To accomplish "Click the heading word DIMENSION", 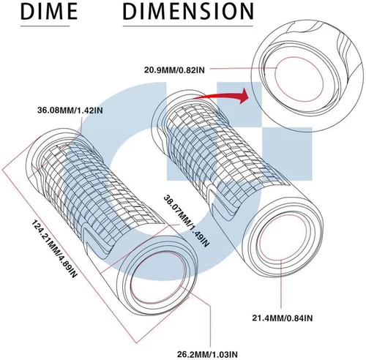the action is (188, 12).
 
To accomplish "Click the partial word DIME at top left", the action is (49, 12).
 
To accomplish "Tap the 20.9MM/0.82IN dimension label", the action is (174, 70).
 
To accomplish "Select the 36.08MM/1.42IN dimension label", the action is (70, 110).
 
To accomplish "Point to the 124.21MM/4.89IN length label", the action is (54, 249).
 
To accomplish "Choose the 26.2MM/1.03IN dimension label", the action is (207, 354).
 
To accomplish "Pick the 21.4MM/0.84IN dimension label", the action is (283, 318).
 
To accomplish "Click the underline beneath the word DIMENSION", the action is (187, 26).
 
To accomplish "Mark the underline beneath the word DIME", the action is (45, 26).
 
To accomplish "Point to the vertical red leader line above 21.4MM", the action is (281, 285).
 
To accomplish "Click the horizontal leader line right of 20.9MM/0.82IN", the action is (242, 69).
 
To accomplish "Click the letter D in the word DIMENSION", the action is (130, 12).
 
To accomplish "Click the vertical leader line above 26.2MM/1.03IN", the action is (210, 324).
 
